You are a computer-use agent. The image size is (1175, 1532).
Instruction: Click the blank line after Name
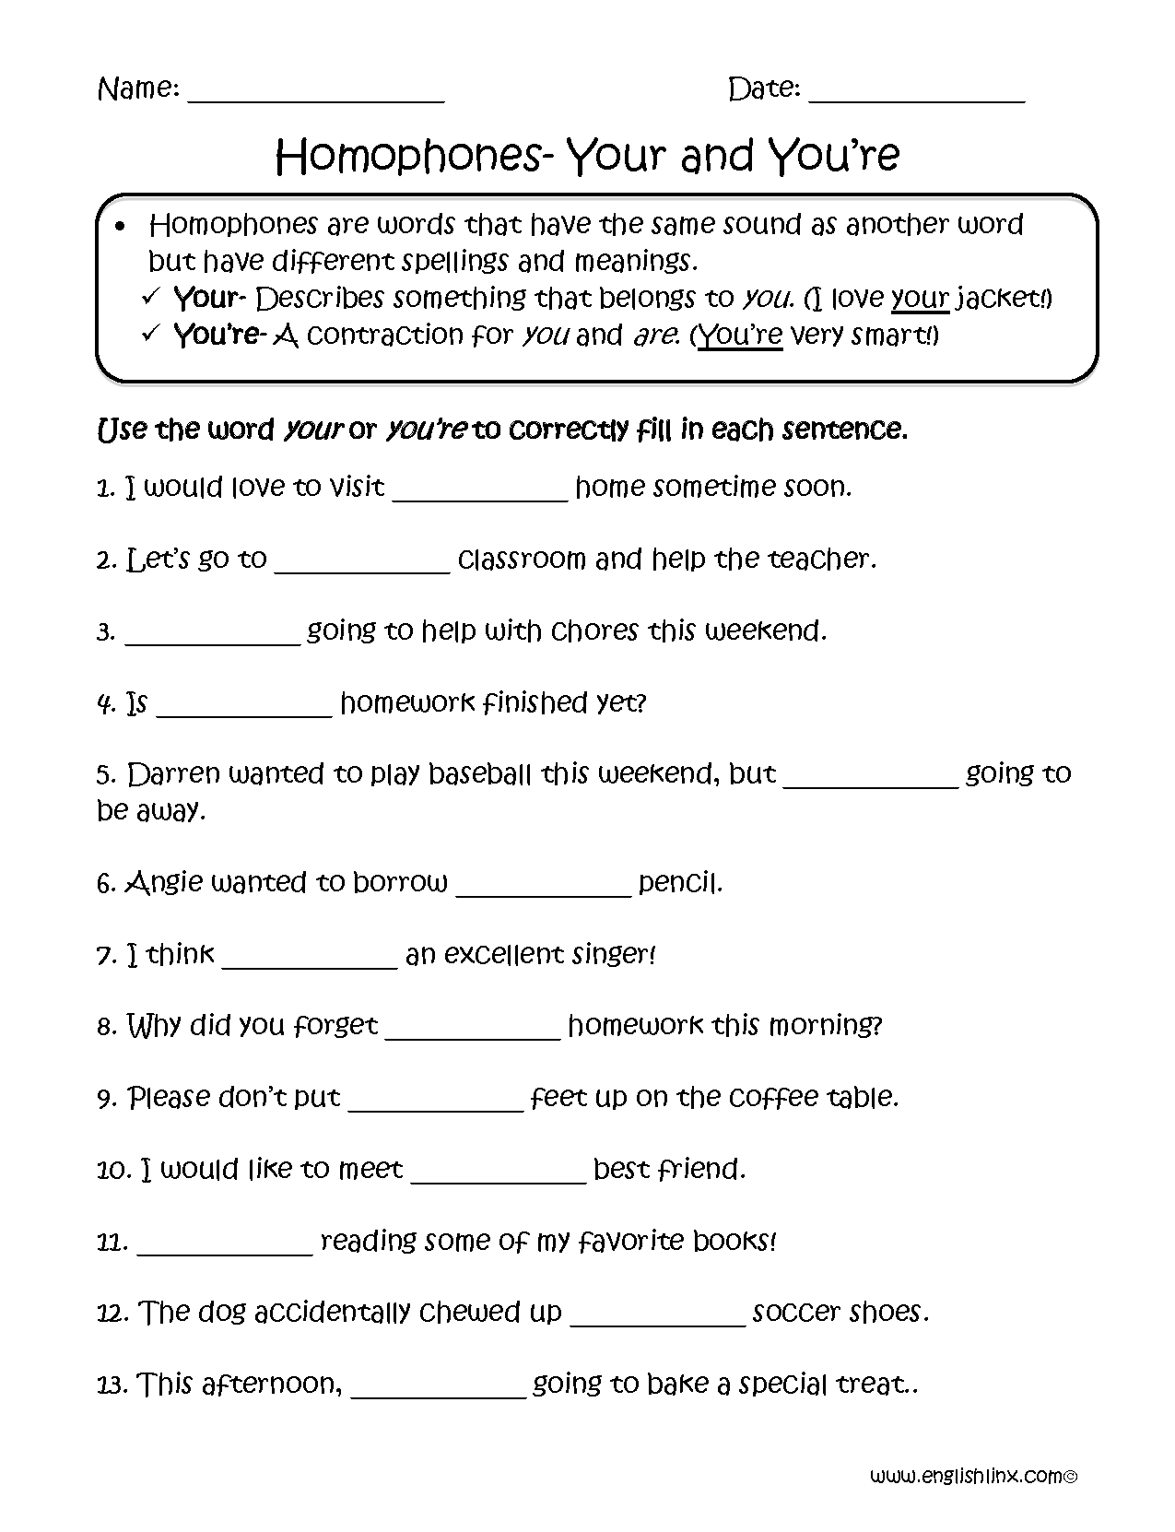pos(315,95)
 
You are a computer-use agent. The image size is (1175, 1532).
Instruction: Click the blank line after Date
pos(915,95)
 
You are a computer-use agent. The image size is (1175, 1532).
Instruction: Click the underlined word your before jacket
pos(920,299)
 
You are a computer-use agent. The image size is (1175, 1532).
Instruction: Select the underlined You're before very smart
pos(739,336)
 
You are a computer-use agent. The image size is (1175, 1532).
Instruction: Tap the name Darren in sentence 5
pos(171,774)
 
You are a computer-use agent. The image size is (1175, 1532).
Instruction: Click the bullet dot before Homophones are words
pos(121,226)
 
